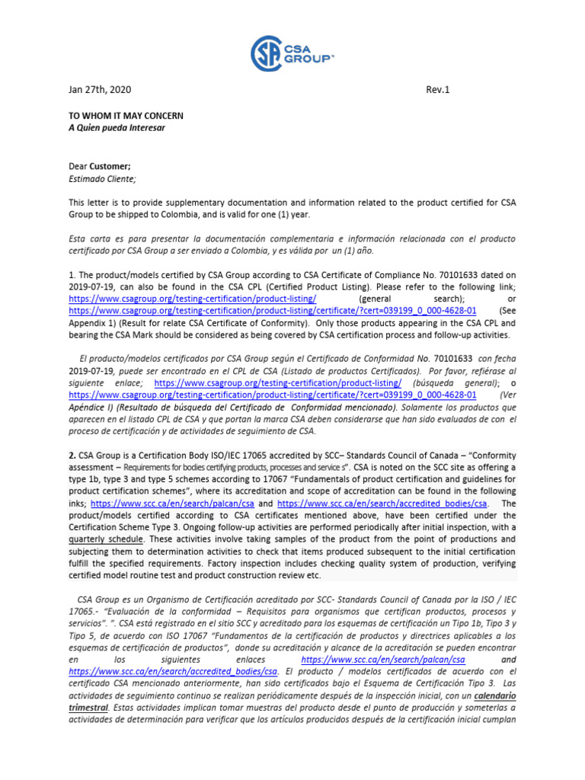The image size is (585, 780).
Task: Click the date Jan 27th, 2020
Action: pos(100,90)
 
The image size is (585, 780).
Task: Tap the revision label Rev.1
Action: pos(438,90)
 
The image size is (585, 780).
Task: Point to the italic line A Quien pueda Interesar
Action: pos(117,128)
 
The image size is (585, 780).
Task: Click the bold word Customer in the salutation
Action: pos(110,166)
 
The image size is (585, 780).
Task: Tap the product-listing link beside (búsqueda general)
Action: pos(278,383)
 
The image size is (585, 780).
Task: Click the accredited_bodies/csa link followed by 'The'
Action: pos(383,503)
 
